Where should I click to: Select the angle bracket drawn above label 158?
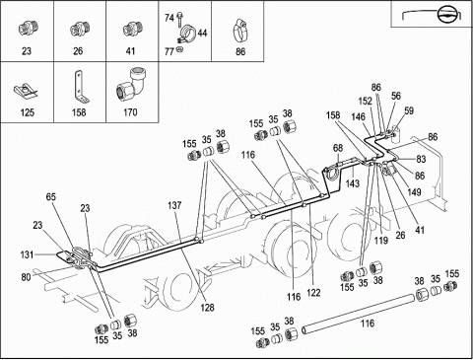pos(80,88)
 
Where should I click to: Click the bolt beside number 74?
pos(179,20)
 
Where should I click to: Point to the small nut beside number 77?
pos(179,49)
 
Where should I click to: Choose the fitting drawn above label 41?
pos(133,30)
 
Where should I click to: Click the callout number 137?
pos(174,205)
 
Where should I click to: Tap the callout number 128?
pos(207,308)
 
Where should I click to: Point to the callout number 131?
pos(27,254)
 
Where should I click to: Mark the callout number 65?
pos(51,197)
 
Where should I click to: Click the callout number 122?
pos(313,293)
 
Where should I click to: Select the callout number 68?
pos(338,148)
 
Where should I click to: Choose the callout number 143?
pos(353,183)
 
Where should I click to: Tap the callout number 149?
pos(414,191)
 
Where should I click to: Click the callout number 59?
pos(409,110)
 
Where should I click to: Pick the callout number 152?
pos(366,101)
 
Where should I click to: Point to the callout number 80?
pos(26,277)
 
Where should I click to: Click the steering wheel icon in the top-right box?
pos(447,14)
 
